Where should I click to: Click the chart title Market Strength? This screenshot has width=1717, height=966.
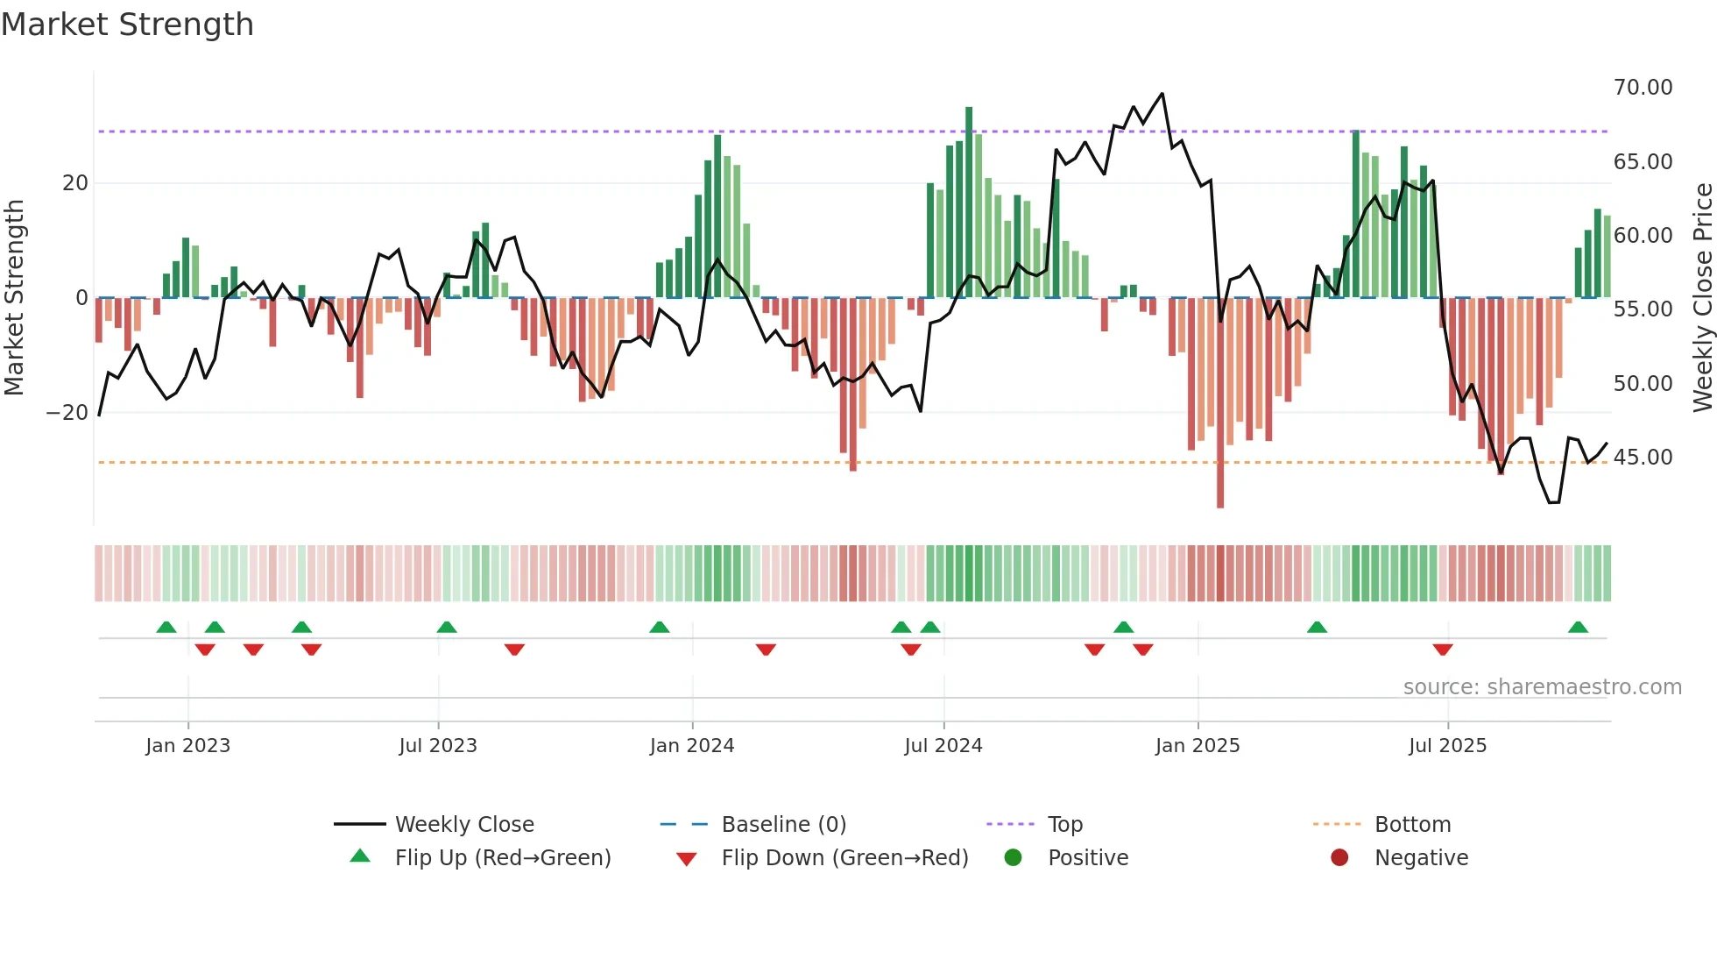[x=127, y=25]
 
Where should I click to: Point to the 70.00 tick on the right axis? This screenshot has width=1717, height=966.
[x=1643, y=88]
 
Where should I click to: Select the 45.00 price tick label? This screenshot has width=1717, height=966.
[x=1643, y=458]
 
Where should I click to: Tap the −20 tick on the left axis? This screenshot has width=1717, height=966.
[x=67, y=413]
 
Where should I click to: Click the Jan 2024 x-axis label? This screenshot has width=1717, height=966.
[x=691, y=746]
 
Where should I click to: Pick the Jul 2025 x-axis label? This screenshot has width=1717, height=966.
[x=1447, y=746]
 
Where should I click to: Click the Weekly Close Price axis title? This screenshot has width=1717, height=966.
[x=1702, y=298]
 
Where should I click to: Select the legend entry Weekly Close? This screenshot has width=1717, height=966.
[x=463, y=825]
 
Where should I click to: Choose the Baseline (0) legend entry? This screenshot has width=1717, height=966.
[x=783, y=825]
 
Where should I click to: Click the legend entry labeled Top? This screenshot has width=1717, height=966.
[x=1064, y=825]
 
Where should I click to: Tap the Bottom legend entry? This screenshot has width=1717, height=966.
[x=1412, y=825]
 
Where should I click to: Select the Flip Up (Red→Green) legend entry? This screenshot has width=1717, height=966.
[x=502, y=858]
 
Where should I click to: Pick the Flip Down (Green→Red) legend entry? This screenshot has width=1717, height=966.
[x=844, y=858]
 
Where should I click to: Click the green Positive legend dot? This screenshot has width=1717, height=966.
[x=1013, y=858]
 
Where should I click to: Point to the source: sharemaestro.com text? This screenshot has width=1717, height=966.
[x=1542, y=687]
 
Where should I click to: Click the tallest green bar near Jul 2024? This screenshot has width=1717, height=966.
[x=969, y=202]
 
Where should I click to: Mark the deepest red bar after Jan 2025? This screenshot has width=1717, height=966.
[x=1220, y=403]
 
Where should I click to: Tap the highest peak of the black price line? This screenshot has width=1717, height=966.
[x=1162, y=94]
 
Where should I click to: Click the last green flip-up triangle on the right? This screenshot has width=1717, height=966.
[x=1578, y=628]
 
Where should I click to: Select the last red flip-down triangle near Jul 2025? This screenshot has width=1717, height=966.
[x=1443, y=650]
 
